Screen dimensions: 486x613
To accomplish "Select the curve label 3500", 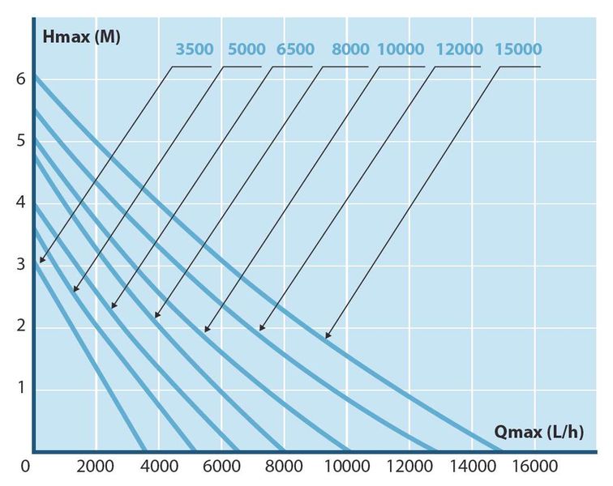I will click(x=195, y=49).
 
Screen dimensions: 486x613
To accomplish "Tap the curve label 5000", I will click(x=246, y=49).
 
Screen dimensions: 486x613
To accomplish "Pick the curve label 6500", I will click(x=295, y=49).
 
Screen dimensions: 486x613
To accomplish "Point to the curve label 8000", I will click(x=349, y=49).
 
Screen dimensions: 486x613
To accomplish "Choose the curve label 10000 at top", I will click(x=401, y=49).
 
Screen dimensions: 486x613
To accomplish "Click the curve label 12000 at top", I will click(x=459, y=49).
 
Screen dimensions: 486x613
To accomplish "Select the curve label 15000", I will click(x=518, y=49).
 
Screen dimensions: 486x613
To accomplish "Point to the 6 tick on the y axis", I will click(x=20, y=79).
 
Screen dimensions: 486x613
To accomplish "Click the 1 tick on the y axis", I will click(x=20, y=389).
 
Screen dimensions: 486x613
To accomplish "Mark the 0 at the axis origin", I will click(x=27, y=466).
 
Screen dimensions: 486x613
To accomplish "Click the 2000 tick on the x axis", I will click(x=96, y=466).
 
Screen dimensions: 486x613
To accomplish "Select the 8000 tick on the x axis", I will click(x=285, y=466).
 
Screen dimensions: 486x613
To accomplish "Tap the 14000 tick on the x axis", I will click(x=473, y=466).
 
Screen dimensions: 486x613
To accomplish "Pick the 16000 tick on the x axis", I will click(x=536, y=466).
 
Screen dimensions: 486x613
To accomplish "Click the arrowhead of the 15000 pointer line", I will click(x=328, y=336).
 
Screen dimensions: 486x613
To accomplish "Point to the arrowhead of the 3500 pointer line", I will click(x=41, y=261).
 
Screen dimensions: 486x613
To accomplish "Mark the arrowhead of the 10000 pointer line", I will click(x=207, y=330).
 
